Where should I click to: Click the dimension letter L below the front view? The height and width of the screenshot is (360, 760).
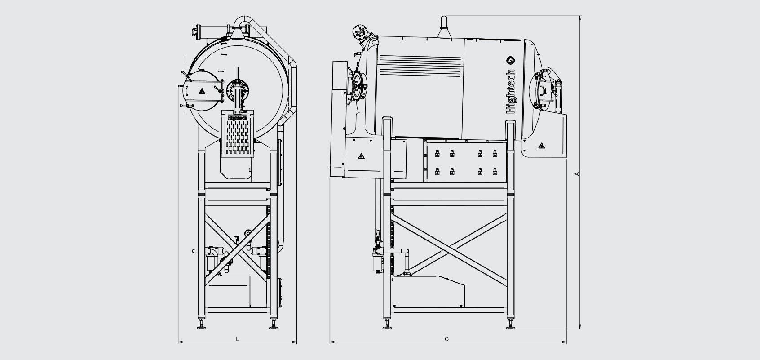pos(238,338)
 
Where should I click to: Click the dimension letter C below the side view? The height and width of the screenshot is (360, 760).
pos(447,338)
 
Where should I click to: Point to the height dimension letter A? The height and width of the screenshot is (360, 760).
pos(576,174)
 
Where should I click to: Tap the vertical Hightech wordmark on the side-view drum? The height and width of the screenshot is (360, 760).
pos(511,91)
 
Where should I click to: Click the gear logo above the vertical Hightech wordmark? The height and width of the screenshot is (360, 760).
pos(511,61)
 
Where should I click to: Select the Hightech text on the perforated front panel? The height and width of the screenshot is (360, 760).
pos(238,117)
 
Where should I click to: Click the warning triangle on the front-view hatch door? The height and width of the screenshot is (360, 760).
pos(202,91)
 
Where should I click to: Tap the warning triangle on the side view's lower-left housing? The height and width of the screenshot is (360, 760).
pos(361,156)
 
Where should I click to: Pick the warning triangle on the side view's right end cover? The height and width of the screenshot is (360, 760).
pos(542,146)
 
